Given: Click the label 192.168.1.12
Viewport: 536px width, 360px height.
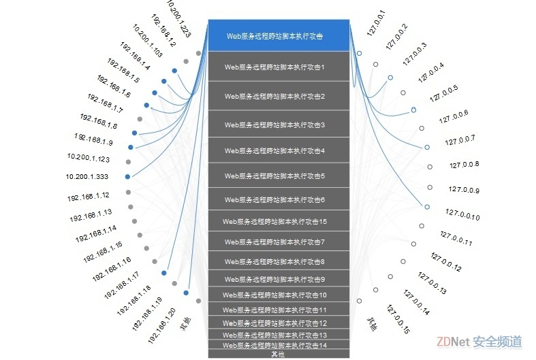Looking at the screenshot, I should (89, 196).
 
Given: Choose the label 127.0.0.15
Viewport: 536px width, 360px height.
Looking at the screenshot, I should (398, 319).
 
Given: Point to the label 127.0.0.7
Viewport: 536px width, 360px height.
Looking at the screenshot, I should (460, 140).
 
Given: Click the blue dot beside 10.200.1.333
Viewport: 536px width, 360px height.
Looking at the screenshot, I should (127, 176).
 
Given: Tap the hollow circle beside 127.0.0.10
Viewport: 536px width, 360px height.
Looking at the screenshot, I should (427, 206).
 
